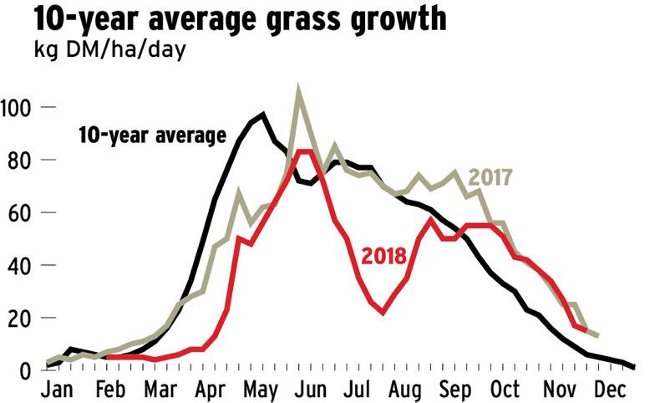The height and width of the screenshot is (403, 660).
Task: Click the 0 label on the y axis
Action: pyautogui.click(x=24, y=370)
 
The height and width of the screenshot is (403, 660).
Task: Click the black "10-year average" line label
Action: pyautogui.click(x=152, y=135)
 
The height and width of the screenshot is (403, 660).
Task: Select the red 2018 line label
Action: pyautogui.click(x=383, y=254)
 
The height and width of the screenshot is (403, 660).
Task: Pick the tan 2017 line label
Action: pyautogui.click(x=490, y=177)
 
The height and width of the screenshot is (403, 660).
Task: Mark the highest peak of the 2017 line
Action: pyautogui.click(x=298, y=89)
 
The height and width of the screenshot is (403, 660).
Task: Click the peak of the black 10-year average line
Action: pyautogui.click(x=263, y=114)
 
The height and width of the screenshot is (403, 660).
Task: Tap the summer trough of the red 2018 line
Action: pyautogui.click(x=383, y=313)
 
